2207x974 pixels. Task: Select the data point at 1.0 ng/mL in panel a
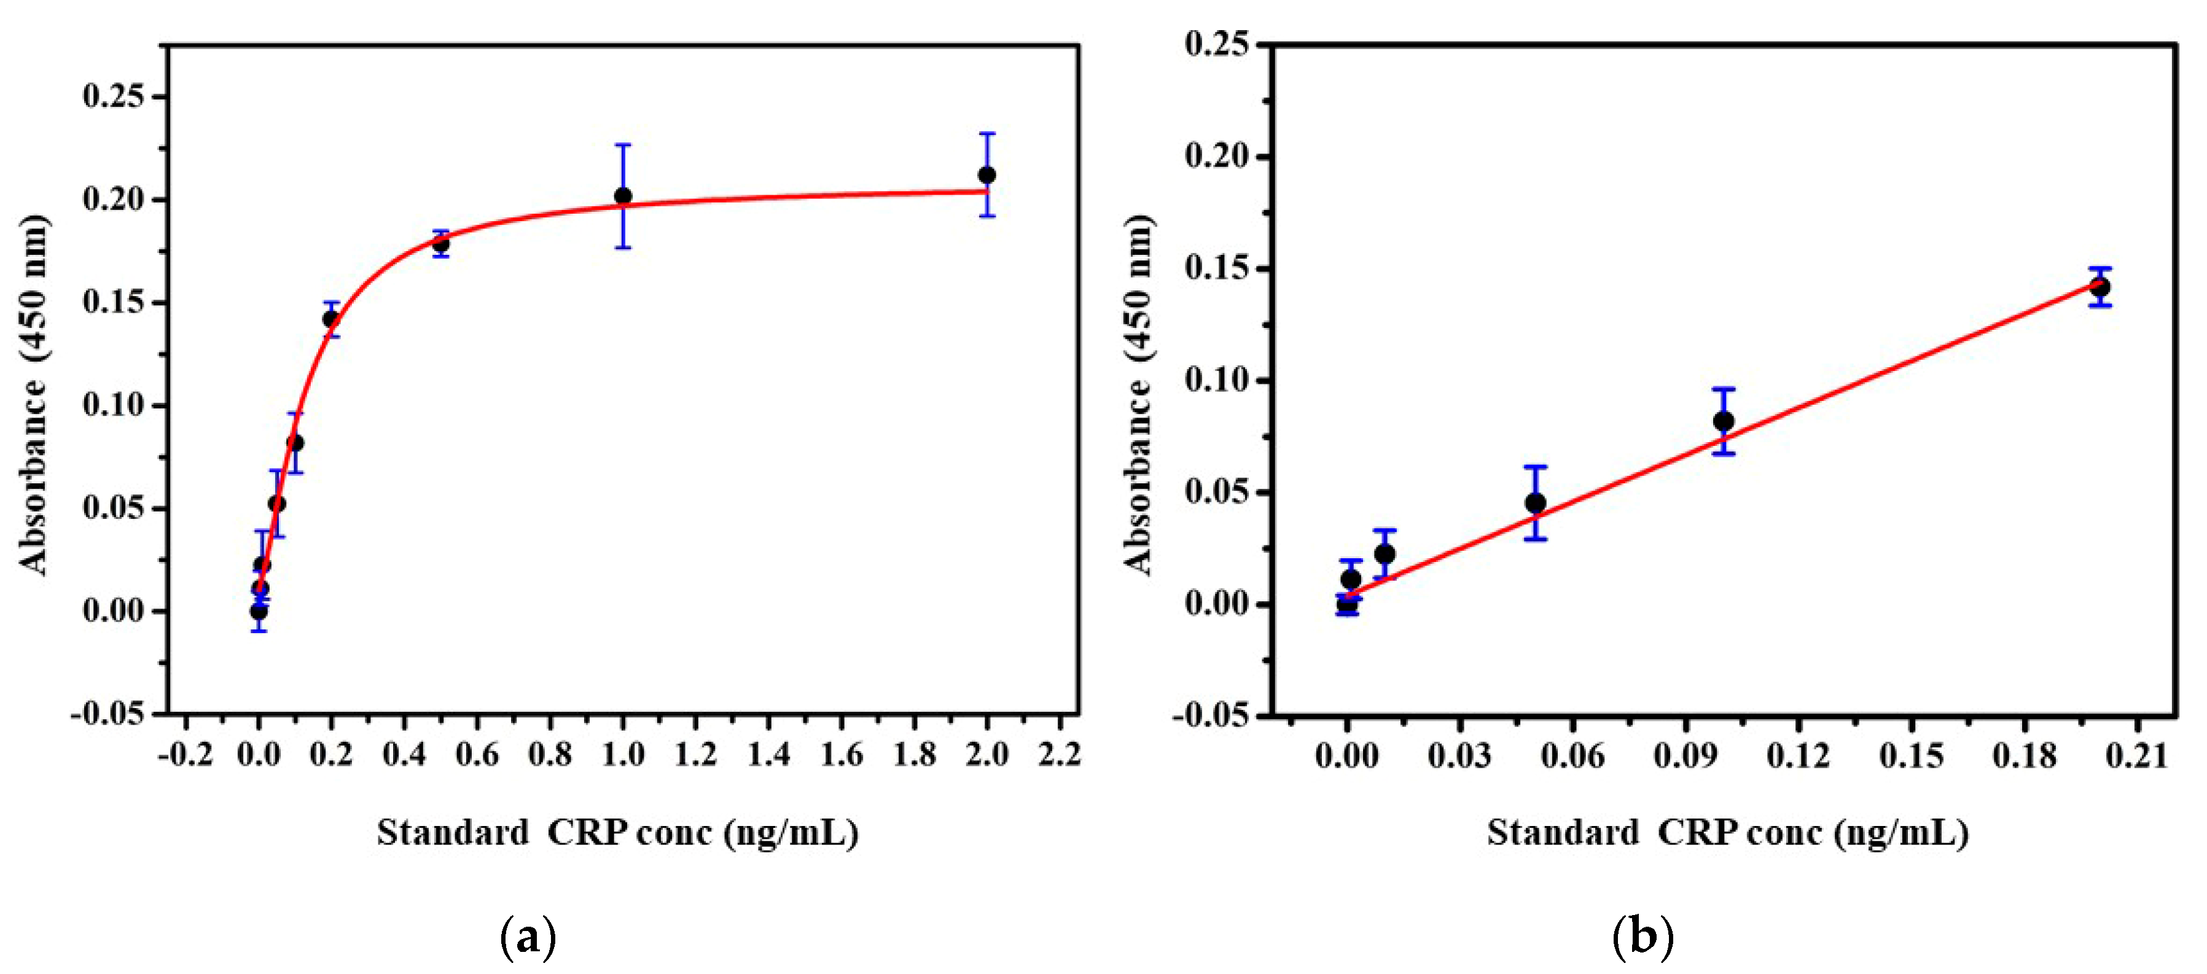pyautogui.click(x=623, y=196)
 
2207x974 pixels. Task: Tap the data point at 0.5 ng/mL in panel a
pyautogui.click(x=440, y=244)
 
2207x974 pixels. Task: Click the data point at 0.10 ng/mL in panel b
pyautogui.click(x=1723, y=421)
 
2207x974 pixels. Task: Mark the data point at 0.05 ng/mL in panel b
pyautogui.click(x=1535, y=503)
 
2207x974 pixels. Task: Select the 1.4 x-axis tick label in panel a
pyautogui.click(x=768, y=755)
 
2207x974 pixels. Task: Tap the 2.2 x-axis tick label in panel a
pyautogui.click(x=1059, y=755)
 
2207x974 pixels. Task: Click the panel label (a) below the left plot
pyautogui.click(x=527, y=937)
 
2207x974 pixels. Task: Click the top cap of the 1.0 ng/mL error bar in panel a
pyautogui.click(x=623, y=145)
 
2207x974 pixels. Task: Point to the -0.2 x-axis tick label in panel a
pyautogui.click(x=185, y=755)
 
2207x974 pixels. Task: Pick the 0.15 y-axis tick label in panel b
pyautogui.click(x=1217, y=269)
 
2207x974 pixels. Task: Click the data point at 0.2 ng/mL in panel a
pyautogui.click(x=330, y=319)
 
